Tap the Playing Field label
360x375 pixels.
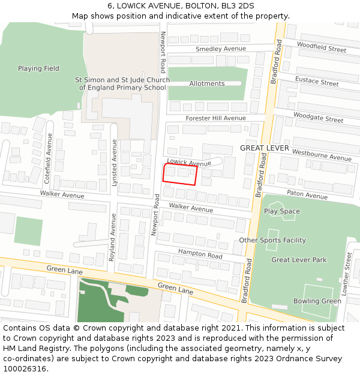click(38, 68)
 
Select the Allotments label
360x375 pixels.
click(207, 83)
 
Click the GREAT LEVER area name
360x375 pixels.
click(265, 148)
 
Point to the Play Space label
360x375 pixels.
click(282, 211)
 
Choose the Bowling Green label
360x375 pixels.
click(317, 301)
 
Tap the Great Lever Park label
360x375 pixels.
click(299, 260)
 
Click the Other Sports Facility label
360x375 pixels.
click(272, 241)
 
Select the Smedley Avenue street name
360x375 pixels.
click(221, 49)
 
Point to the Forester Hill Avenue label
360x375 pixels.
click(216, 118)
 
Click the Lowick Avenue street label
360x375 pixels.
click(189, 163)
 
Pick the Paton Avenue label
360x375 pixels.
click(307, 195)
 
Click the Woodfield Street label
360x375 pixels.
click(322, 47)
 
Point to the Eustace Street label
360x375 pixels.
click(317, 82)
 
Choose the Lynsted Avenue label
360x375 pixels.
click(114, 163)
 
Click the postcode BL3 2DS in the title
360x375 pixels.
click(238, 5)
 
